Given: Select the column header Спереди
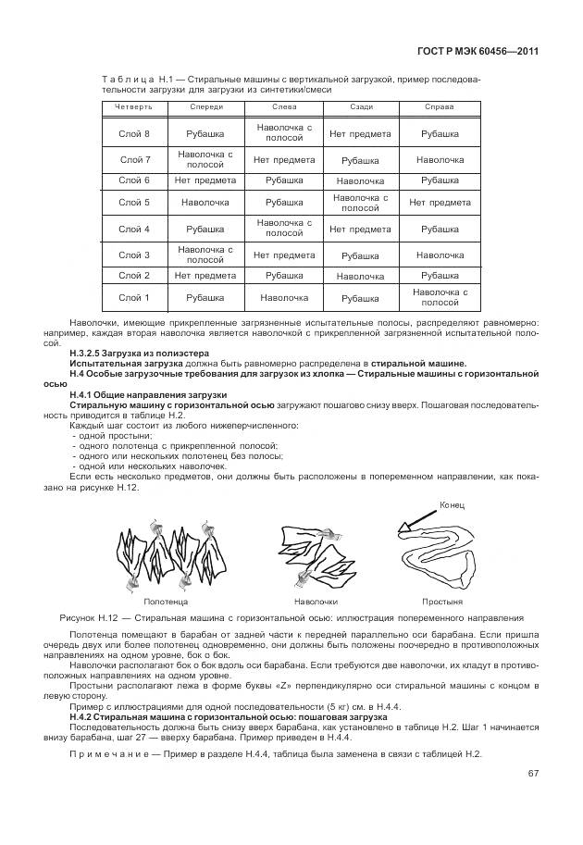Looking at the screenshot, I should (x=205, y=107).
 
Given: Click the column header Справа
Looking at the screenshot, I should (x=439, y=107).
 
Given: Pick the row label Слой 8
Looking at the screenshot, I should (x=134, y=134).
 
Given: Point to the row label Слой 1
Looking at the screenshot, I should (x=134, y=298).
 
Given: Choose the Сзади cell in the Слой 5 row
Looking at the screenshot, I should (x=360, y=203).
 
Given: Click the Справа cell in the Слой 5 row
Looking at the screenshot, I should (x=440, y=203).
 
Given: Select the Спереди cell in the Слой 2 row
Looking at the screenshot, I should (x=205, y=276).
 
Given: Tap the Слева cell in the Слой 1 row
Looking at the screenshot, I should (x=284, y=298).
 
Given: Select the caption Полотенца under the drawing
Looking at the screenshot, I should (x=166, y=602).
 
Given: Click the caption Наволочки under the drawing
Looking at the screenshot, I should (x=316, y=602).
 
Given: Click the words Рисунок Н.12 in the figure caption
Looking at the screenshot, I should (x=91, y=617).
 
